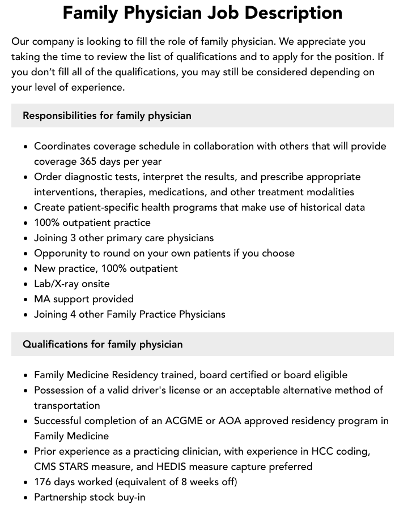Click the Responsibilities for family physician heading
[107, 115]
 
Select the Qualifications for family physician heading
[103, 344]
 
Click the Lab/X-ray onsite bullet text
[72, 284]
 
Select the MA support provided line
[84, 299]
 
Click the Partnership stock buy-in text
[90, 497]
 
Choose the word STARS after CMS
[79, 467]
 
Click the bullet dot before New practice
[26, 269]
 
